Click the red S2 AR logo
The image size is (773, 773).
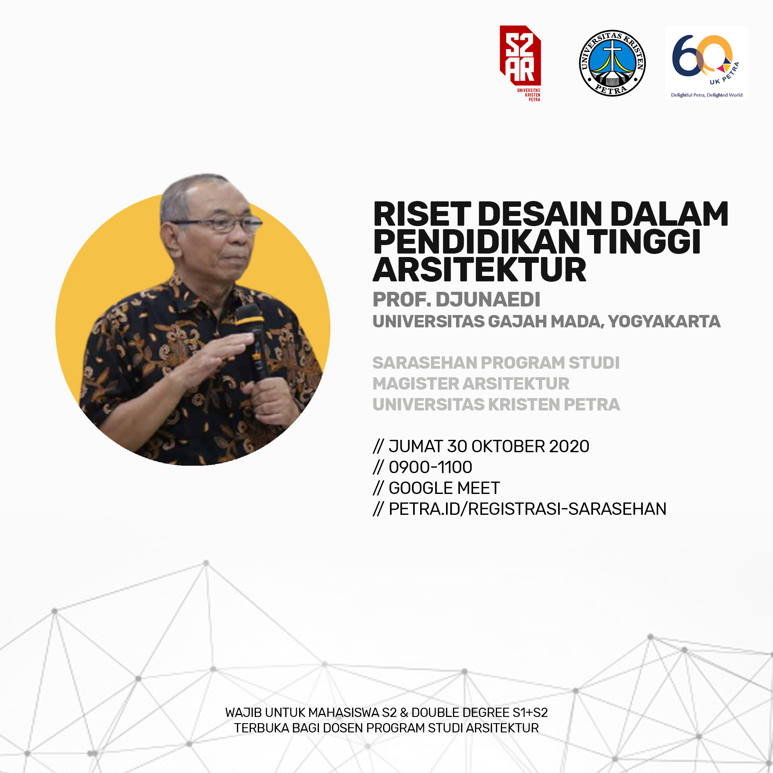point(520,63)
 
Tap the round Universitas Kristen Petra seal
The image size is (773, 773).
point(612,63)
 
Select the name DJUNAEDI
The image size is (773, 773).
point(488,300)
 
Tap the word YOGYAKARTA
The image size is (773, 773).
point(664,322)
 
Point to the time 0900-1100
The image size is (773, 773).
point(431,467)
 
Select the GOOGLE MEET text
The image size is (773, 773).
point(444,488)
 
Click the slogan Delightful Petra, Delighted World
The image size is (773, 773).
point(707,95)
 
